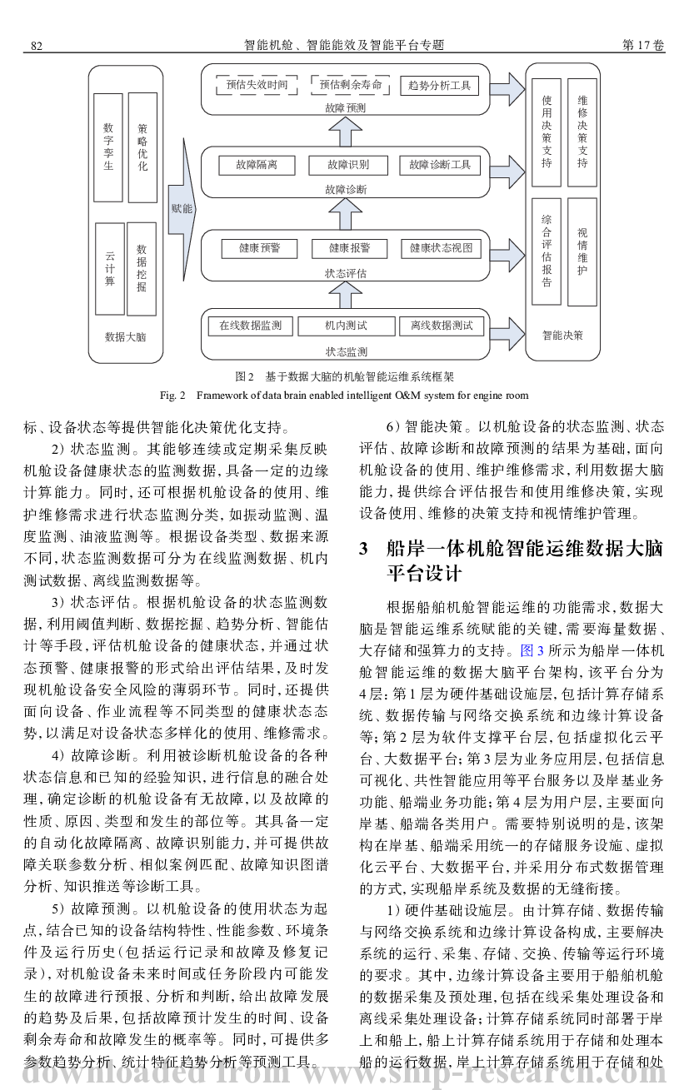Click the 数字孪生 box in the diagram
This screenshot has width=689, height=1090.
pyautogui.click(x=108, y=147)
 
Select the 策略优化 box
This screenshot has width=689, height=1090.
pyautogui.click(x=142, y=147)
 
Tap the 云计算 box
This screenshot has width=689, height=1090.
pyautogui.click(x=110, y=269)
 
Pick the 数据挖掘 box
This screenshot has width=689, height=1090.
pyautogui.click(x=141, y=269)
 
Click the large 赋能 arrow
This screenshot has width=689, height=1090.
pyautogui.click(x=182, y=210)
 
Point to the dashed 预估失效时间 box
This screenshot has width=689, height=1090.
pyautogui.click(x=257, y=85)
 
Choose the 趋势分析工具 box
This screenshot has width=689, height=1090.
pyautogui.click(x=439, y=86)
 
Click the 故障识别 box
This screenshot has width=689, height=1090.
pyautogui.click(x=348, y=165)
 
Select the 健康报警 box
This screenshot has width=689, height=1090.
pyautogui.click(x=350, y=248)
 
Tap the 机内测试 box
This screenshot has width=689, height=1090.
pyautogui.click(x=347, y=326)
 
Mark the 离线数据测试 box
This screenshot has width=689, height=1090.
pyautogui.click(x=442, y=326)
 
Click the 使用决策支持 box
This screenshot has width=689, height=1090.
pyautogui.click(x=547, y=132)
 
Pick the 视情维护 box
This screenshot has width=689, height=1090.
pyautogui.click(x=582, y=252)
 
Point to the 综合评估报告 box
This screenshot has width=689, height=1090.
pyautogui.click(x=547, y=251)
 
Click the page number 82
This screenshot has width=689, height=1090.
pyautogui.click(x=37, y=46)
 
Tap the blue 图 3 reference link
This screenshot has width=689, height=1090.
pyautogui.click(x=532, y=650)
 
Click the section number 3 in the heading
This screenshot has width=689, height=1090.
pyautogui.click(x=363, y=549)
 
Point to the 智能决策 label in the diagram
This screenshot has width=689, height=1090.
pyautogui.click(x=562, y=336)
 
